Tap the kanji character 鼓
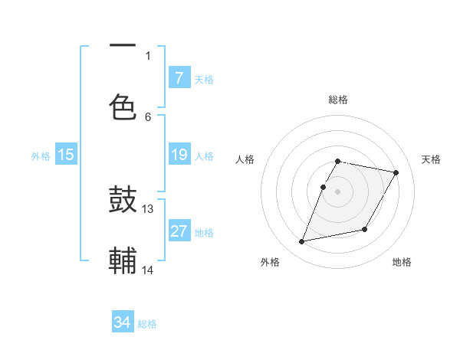point(123,201)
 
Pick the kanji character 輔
point(123,260)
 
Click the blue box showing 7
point(179,77)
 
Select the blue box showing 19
point(179,155)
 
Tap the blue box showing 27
point(179,231)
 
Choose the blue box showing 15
point(66,155)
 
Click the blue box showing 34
point(123,322)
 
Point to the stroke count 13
point(148,208)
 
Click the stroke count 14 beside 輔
point(148,270)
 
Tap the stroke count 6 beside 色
point(148,116)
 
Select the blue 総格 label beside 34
point(147,324)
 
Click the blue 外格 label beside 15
point(41,156)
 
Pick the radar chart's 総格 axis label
point(337,100)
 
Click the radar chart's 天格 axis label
point(431,159)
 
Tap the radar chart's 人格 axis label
point(245,159)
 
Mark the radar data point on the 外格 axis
point(302,242)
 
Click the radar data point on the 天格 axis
point(396,172)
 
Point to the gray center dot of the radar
point(337,191)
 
